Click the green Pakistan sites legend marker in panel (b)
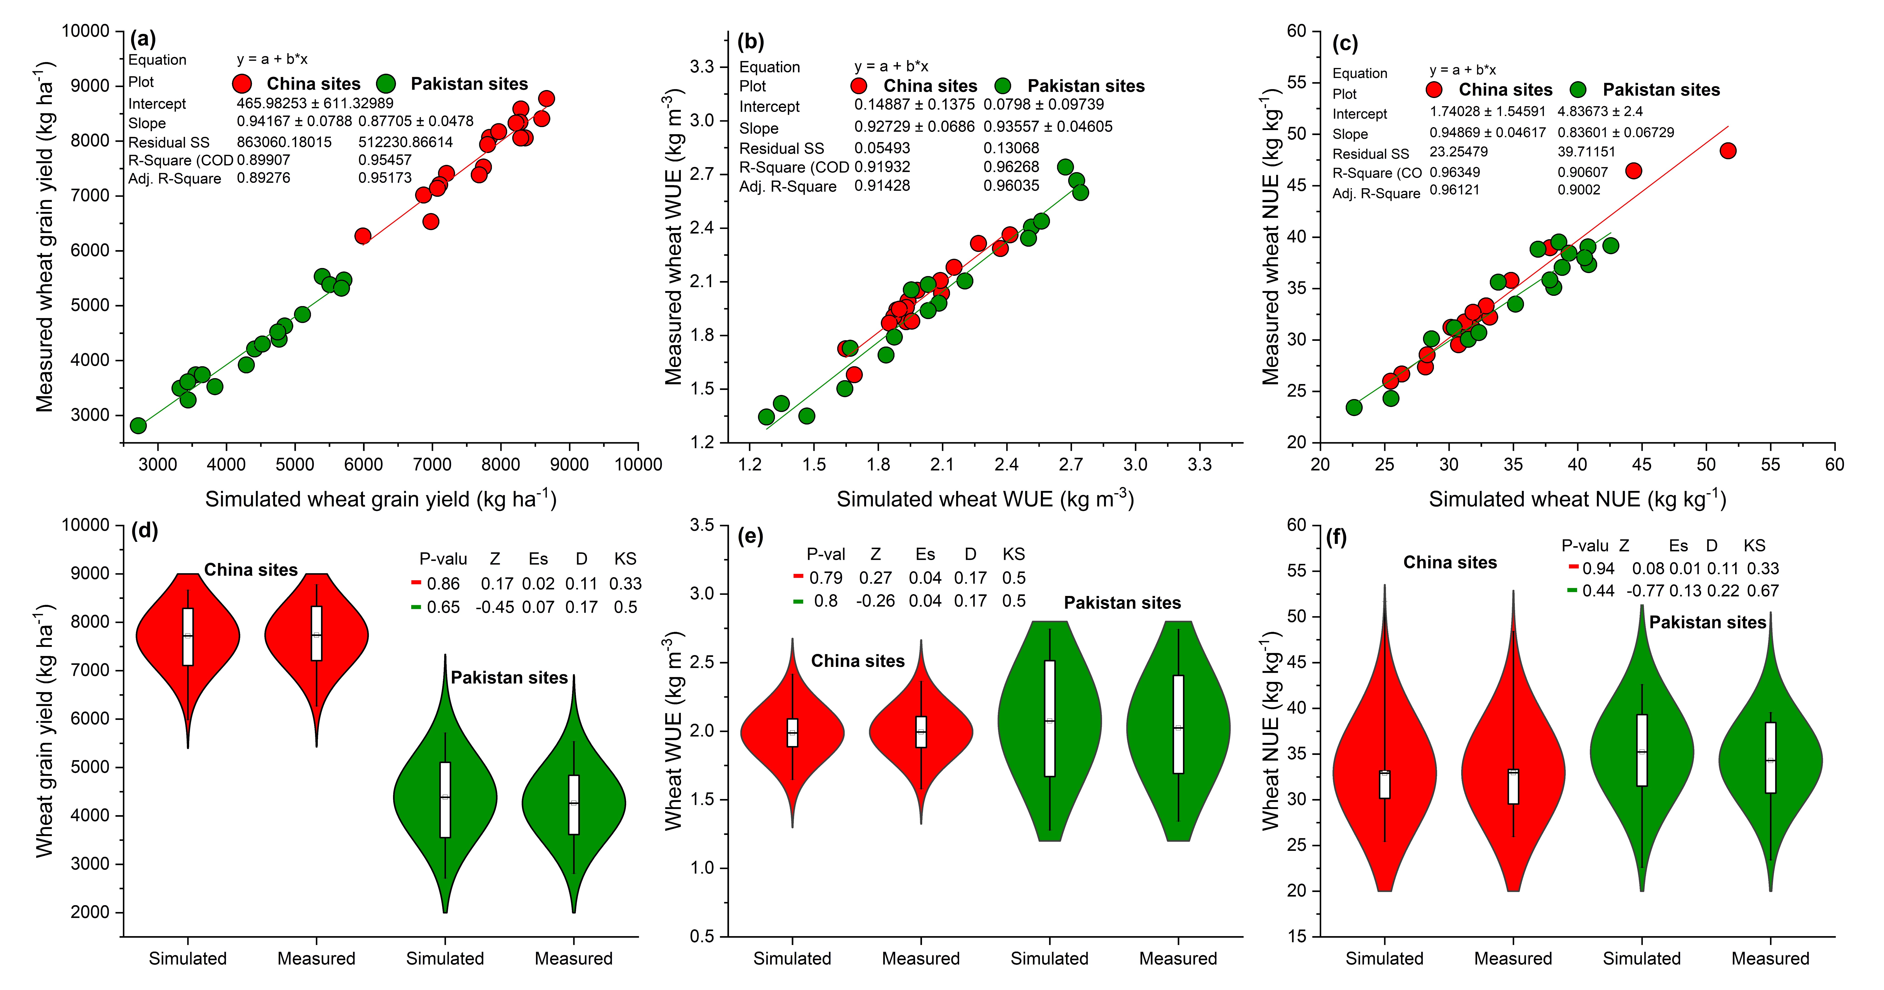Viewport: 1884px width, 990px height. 1003,86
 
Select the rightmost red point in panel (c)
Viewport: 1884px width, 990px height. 1727,151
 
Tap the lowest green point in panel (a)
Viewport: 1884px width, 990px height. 138,425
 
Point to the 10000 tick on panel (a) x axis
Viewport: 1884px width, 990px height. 638,465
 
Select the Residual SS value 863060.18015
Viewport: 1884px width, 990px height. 284,142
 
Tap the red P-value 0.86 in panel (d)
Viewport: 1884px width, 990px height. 443,584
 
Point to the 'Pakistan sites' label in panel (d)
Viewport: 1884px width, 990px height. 509,678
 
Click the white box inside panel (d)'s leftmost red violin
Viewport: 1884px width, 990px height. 188,637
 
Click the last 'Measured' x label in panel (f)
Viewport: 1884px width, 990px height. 1770,959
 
